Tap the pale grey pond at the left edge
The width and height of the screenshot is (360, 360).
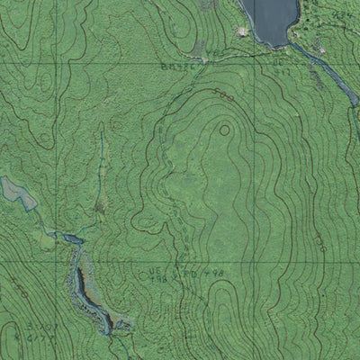tap(16, 192)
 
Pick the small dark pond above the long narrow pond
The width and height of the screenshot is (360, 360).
tap(68, 238)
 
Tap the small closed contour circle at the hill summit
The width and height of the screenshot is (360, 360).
tap(223, 130)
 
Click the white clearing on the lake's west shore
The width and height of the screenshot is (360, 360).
tap(241, 33)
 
